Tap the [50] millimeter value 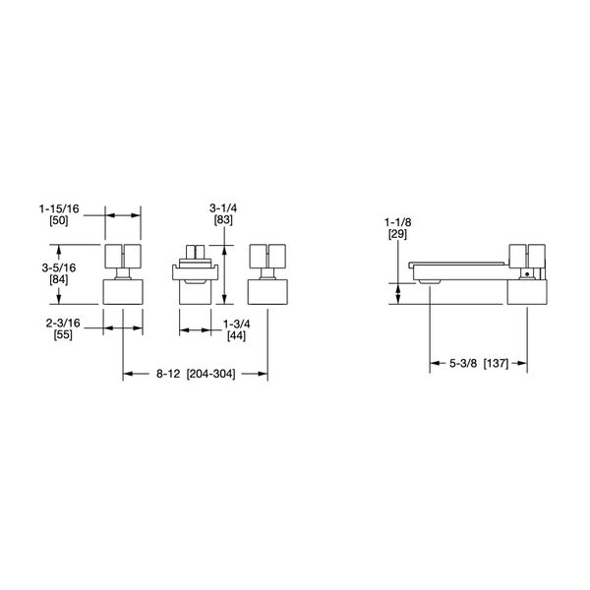(x=59, y=223)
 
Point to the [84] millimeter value (x=59, y=279)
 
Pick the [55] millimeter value (x=60, y=336)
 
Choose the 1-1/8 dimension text (x=398, y=223)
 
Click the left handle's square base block (x=124, y=291)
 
